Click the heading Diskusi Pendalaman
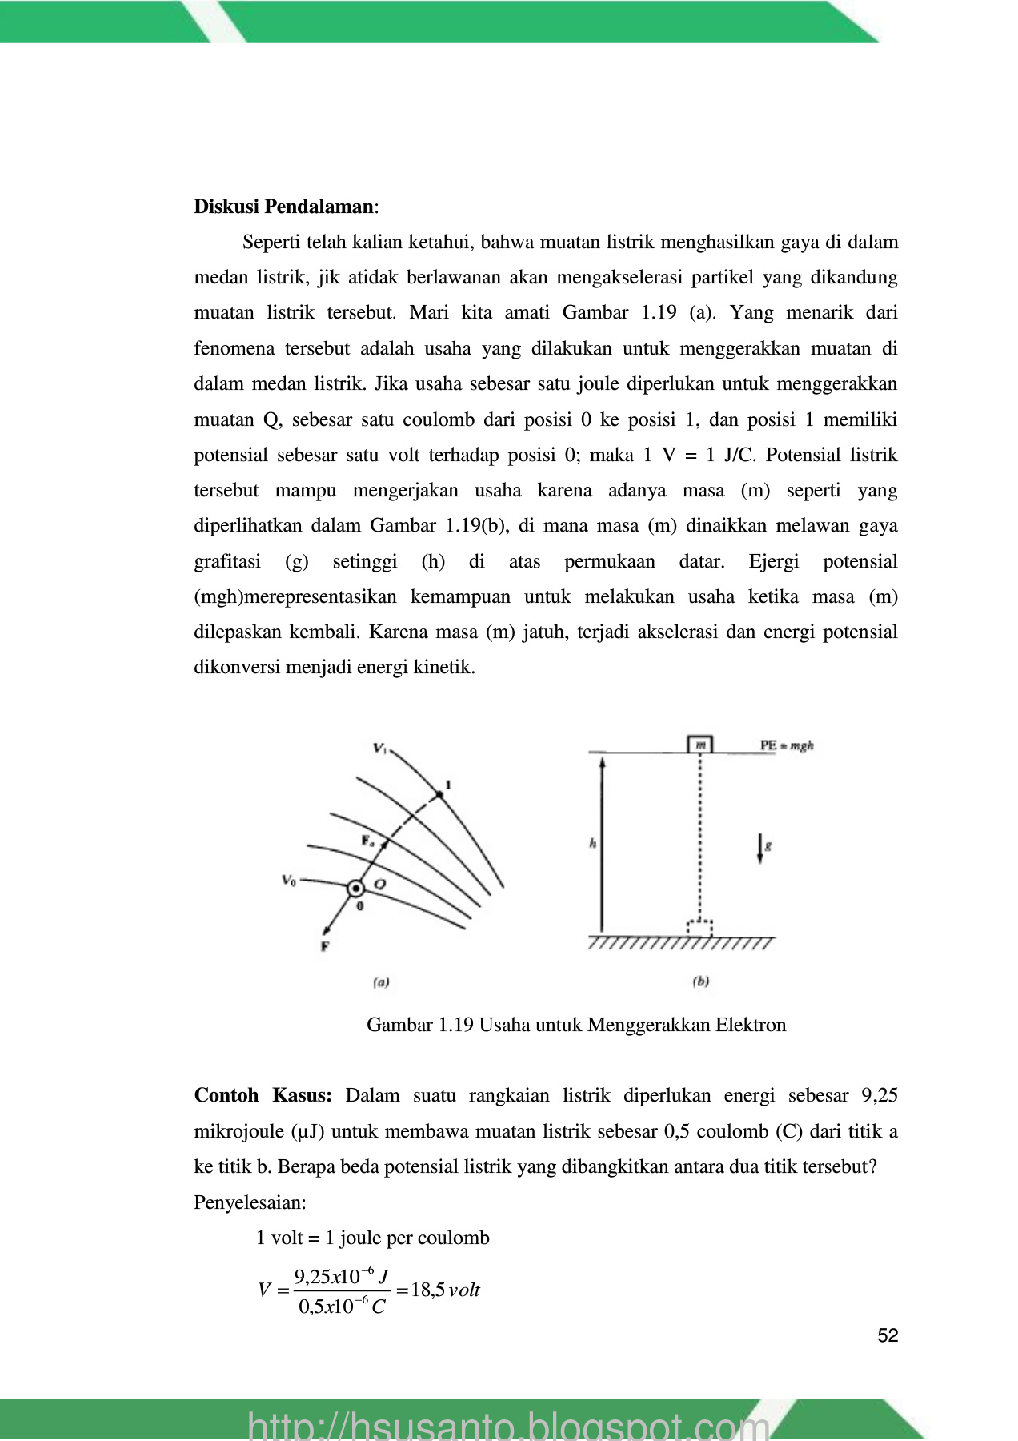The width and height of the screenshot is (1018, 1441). click(283, 207)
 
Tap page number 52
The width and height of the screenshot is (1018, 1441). click(888, 1335)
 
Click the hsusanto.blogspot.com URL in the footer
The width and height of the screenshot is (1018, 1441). click(509, 1425)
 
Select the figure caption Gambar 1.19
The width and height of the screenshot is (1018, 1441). click(576, 1025)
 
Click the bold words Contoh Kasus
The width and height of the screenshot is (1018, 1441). click(263, 1095)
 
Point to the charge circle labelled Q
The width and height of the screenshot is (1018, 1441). click(355, 888)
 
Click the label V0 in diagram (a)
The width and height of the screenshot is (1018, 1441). click(289, 881)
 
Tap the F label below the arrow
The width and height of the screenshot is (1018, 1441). click(325, 946)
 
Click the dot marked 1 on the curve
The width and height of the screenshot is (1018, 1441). click(439, 794)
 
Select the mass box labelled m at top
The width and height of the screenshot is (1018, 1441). click(700, 745)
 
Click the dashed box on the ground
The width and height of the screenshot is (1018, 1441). click(700, 927)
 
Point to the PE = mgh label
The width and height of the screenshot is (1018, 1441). click(787, 745)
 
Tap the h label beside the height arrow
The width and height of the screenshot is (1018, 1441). click(592, 844)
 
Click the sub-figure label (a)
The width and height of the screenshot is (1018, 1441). click(381, 982)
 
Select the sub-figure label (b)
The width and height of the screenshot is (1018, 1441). click(701, 981)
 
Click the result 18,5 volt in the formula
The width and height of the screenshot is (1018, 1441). click(445, 1290)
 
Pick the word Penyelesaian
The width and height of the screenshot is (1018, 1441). click(250, 1202)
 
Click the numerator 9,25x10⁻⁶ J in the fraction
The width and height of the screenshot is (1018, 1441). click(342, 1276)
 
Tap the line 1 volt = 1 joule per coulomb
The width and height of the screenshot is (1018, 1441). click(372, 1238)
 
